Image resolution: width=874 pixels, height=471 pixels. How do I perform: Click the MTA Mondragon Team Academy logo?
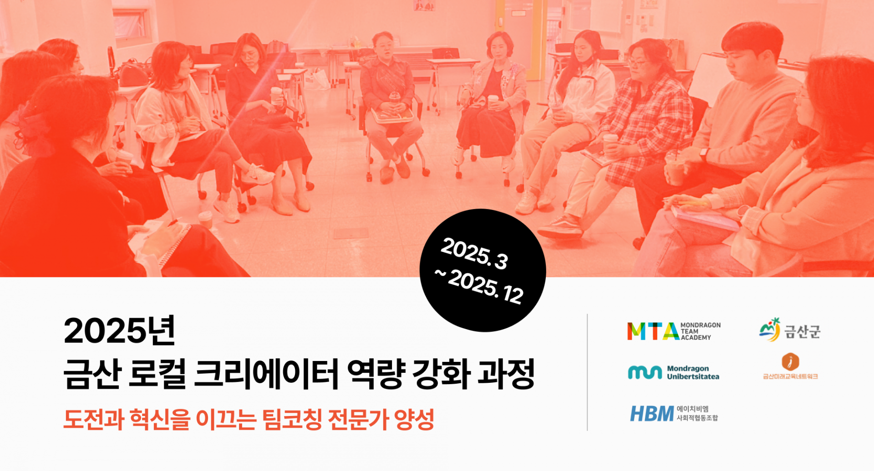click(x=674, y=331)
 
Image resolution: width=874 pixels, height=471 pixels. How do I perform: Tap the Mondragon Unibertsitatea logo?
click(x=674, y=372)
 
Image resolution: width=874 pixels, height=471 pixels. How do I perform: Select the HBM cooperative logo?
click(x=674, y=414)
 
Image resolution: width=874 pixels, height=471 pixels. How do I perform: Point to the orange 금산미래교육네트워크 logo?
click(x=791, y=366)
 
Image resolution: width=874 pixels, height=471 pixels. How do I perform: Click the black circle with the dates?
click(x=483, y=270)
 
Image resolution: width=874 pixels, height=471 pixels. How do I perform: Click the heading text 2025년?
click(x=120, y=331)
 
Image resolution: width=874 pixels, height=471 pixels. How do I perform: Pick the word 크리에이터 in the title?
click(x=266, y=374)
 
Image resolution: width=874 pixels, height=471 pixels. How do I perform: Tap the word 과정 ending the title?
click(x=506, y=374)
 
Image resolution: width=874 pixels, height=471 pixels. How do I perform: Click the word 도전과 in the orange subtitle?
click(x=94, y=419)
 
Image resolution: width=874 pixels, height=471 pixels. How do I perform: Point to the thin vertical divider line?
click(x=587, y=372)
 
